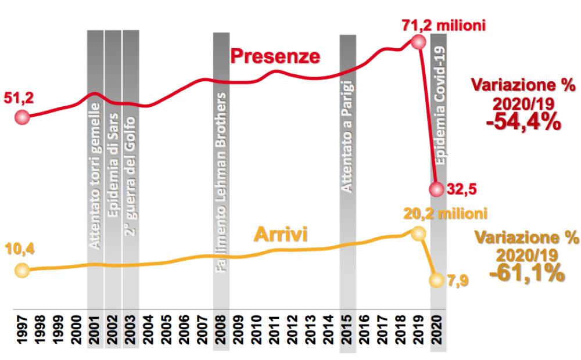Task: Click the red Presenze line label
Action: point(275,56)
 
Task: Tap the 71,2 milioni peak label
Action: point(443,25)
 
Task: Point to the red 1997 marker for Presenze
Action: point(22,117)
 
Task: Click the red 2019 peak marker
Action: point(416,42)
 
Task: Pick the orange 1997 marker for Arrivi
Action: point(21,270)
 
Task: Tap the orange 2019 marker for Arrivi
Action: point(417,234)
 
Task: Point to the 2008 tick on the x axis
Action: point(221,330)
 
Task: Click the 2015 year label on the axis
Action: point(347,330)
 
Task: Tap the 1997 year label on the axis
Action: point(22,330)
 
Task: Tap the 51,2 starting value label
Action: point(20,98)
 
